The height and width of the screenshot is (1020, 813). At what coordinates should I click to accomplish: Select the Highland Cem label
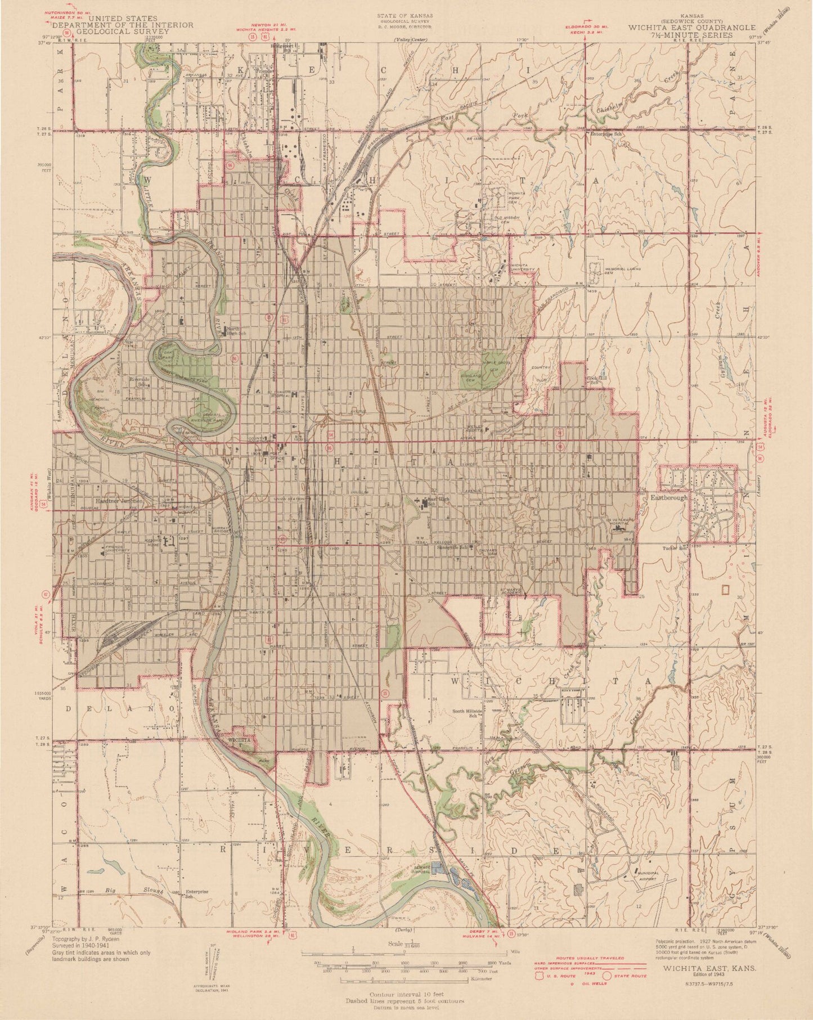click(x=471, y=377)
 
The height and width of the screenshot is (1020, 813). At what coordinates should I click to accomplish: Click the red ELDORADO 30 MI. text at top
click(x=585, y=26)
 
